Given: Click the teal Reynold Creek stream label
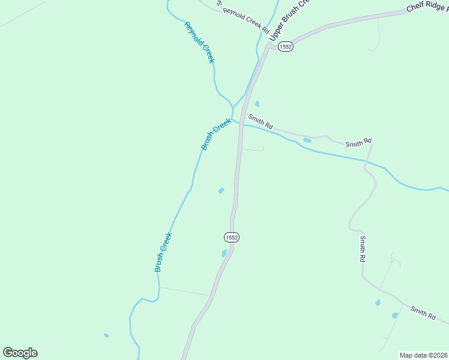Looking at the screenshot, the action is click(200, 43).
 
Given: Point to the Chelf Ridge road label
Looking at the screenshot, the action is click(427, 7).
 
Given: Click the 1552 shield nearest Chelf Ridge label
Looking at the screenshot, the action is click(285, 46).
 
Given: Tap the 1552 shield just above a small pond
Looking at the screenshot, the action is click(232, 238).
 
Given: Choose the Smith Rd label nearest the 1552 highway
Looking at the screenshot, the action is click(261, 122).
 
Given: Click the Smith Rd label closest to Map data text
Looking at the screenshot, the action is click(423, 312).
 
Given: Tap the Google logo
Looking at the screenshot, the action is click(20, 353).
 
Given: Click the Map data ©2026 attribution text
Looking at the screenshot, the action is click(424, 355).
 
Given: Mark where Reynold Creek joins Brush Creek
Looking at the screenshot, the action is click(232, 108).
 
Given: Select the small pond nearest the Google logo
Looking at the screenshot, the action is click(106, 335).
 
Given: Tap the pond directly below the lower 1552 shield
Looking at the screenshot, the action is click(224, 253).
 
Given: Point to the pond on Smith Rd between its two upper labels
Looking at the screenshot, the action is click(307, 140).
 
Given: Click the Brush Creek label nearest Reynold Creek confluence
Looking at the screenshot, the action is click(215, 134).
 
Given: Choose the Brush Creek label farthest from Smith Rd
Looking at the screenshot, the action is click(163, 251).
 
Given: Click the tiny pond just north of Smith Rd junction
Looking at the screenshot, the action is click(257, 104).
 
